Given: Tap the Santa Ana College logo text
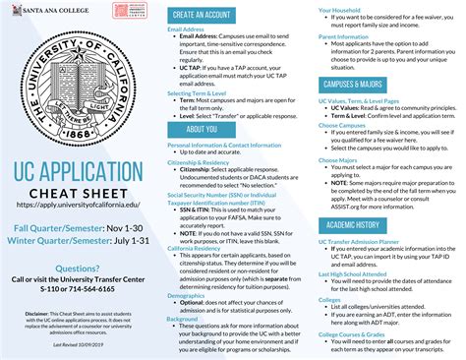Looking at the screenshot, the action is (42, 8).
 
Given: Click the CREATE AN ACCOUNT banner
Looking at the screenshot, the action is (202, 15).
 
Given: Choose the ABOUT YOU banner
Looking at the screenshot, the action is (202, 129).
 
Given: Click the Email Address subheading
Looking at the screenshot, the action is (187, 30).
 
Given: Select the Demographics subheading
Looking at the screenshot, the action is (187, 295).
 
